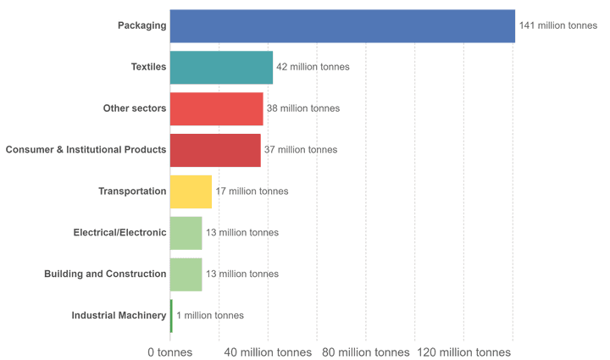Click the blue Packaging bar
(342, 25)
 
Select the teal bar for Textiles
(221, 67)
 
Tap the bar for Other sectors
(216, 108)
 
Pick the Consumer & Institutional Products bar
(215, 150)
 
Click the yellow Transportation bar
(191, 191)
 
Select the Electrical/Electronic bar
(186, 233)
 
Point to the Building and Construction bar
(186, 274)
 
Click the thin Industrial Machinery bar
(171, 316)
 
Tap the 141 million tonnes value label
(558, 25)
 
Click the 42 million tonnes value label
(313, 67)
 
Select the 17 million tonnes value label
(252, 191)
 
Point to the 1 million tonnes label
(210, 316)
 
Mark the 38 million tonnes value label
(303, 108)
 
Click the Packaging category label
(141, 25)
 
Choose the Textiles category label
(148, 67)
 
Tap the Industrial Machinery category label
(119, 316)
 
